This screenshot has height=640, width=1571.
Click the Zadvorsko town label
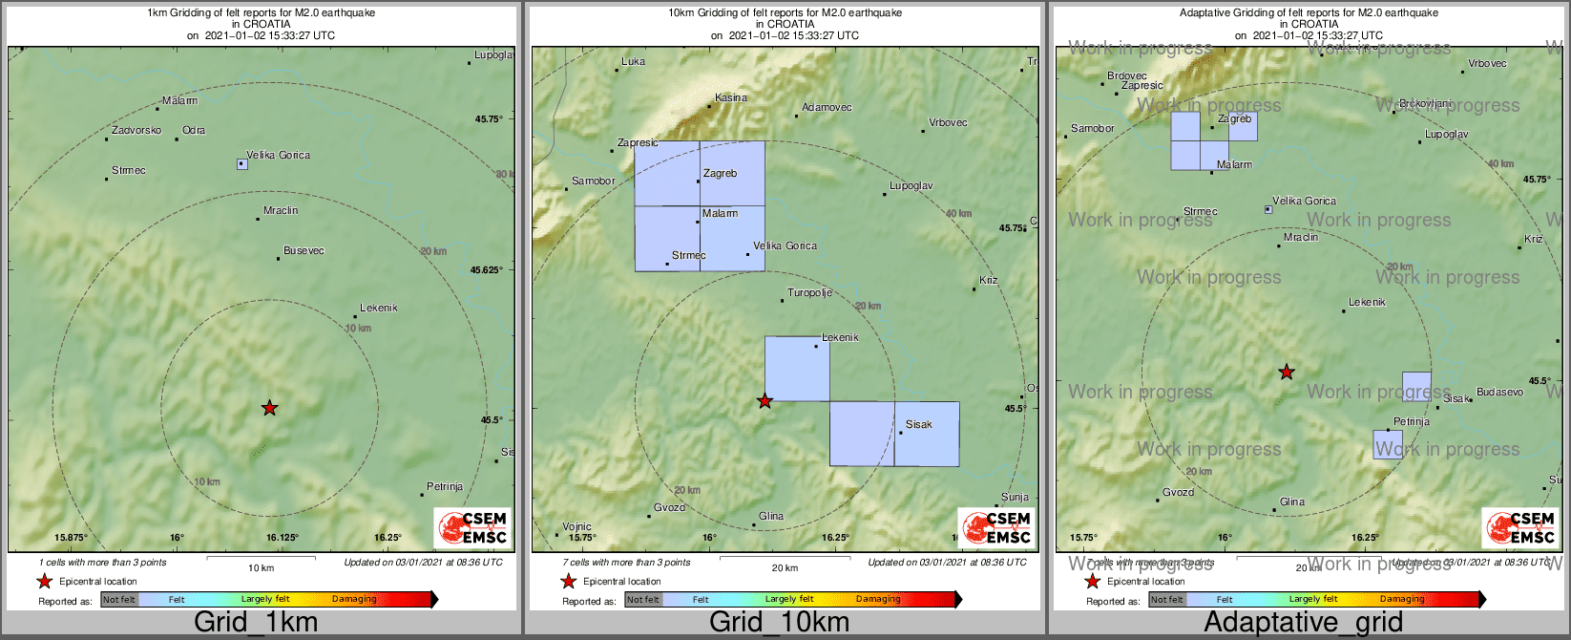[x=136, y=130]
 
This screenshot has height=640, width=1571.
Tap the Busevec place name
[x=304, y=250]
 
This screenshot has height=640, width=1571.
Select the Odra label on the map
[x=194, y=130]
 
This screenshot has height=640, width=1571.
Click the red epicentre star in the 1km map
[x=269, y=408]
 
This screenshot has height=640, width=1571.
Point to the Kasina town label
[x=731, y=97]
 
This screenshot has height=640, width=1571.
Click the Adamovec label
[x=827, y=107]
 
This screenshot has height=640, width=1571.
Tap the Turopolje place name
[x=809, y=292]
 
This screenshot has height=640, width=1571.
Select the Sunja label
[x=1015, y=497]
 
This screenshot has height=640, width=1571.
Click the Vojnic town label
[x=576, y=526]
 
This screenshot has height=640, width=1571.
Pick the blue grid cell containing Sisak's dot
[x=927, y=434]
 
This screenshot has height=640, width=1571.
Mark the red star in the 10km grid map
[x=765, y=401]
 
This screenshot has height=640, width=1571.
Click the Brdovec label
[x=1127, y=75]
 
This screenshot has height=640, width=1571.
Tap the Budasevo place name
[x=1499, y=392]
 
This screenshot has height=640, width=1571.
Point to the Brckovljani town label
[x=1425, y=103]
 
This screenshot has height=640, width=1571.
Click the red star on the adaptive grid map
[x=1287, y=372]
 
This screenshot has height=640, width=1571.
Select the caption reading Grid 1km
[x=256, y=622]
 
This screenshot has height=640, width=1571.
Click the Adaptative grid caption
[x=1303, y=622]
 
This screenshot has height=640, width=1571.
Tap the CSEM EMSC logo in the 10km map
[x=996, y=527]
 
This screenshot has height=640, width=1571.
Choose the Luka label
[x=633, y=61]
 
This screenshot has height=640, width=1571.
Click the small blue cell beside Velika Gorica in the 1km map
[x=241, y=164]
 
